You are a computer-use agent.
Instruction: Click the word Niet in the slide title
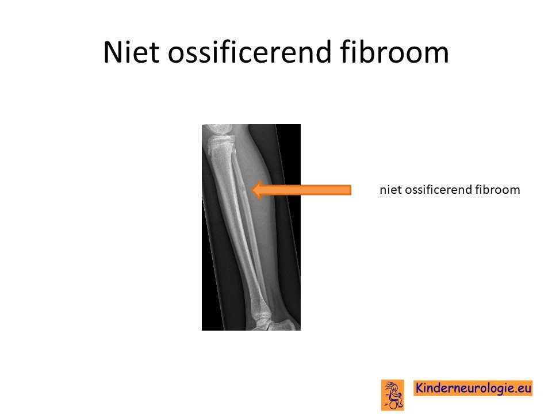131,52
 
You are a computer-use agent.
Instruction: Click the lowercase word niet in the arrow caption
391,190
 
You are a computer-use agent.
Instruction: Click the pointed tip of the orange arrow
252,190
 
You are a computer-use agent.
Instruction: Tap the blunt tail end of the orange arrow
351,190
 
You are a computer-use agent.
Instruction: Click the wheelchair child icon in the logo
393,395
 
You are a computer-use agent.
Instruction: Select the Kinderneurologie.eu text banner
473,388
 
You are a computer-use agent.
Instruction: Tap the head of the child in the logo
394,388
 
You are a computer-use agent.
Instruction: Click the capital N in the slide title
113,52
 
